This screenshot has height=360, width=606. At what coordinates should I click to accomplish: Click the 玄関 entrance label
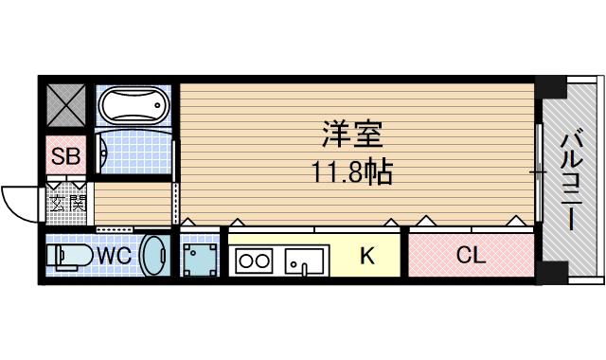[x=67, y=202]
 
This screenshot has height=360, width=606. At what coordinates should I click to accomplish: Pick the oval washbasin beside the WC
[x=153, y=255]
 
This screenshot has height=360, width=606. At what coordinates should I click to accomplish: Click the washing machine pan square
[x=198, y=257]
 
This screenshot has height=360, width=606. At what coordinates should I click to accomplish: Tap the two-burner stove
[x=255, y=258]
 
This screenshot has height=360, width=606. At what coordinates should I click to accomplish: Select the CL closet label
[x=471, y=255]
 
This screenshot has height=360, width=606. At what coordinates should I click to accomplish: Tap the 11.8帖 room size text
[x=352, y=172]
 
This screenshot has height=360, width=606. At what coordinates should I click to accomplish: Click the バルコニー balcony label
[x=571, y=180]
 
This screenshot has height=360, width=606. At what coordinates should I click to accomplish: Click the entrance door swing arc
[x=17, y=201]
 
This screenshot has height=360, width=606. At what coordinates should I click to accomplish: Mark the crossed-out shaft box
[x=65, y=106]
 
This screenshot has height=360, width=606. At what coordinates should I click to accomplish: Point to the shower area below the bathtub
[x=133, y=152]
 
